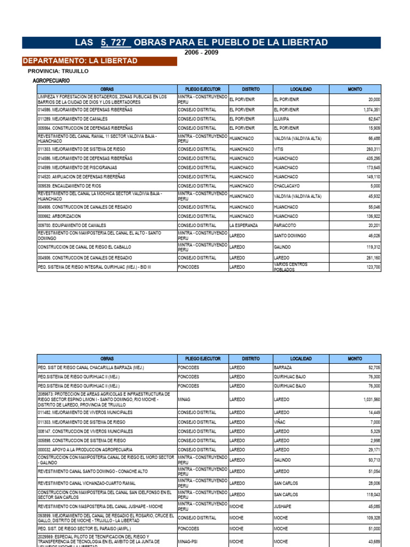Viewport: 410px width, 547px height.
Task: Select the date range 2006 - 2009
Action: tap(201, 52)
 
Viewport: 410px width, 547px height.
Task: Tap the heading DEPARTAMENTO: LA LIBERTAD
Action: tap(80, 61)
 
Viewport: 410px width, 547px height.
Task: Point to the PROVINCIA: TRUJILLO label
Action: tap(58, 71)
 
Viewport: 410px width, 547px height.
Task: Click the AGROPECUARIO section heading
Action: tap(51, 80)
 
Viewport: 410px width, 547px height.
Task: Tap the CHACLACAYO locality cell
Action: tap(287, 186)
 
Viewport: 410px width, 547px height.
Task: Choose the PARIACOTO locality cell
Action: tap(285, 225)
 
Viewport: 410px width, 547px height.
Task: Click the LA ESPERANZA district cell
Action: tap(243, 225)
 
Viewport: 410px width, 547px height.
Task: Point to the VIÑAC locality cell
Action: tap(280, 422)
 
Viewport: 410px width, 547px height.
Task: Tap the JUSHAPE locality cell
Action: tap(282, 506)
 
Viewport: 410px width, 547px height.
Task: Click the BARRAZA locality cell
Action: tap(283, 368)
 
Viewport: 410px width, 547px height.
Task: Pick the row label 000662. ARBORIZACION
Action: tap(60, 216)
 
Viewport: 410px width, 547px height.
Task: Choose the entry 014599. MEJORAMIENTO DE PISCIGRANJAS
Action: tap(78, 168)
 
